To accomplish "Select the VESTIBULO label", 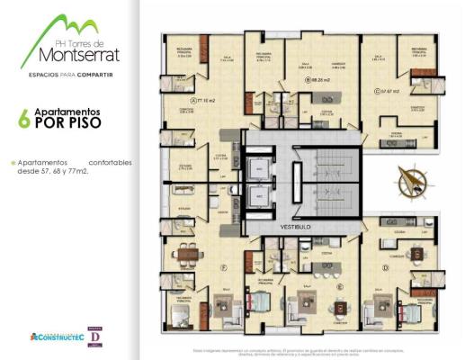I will (x=295, y=226).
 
